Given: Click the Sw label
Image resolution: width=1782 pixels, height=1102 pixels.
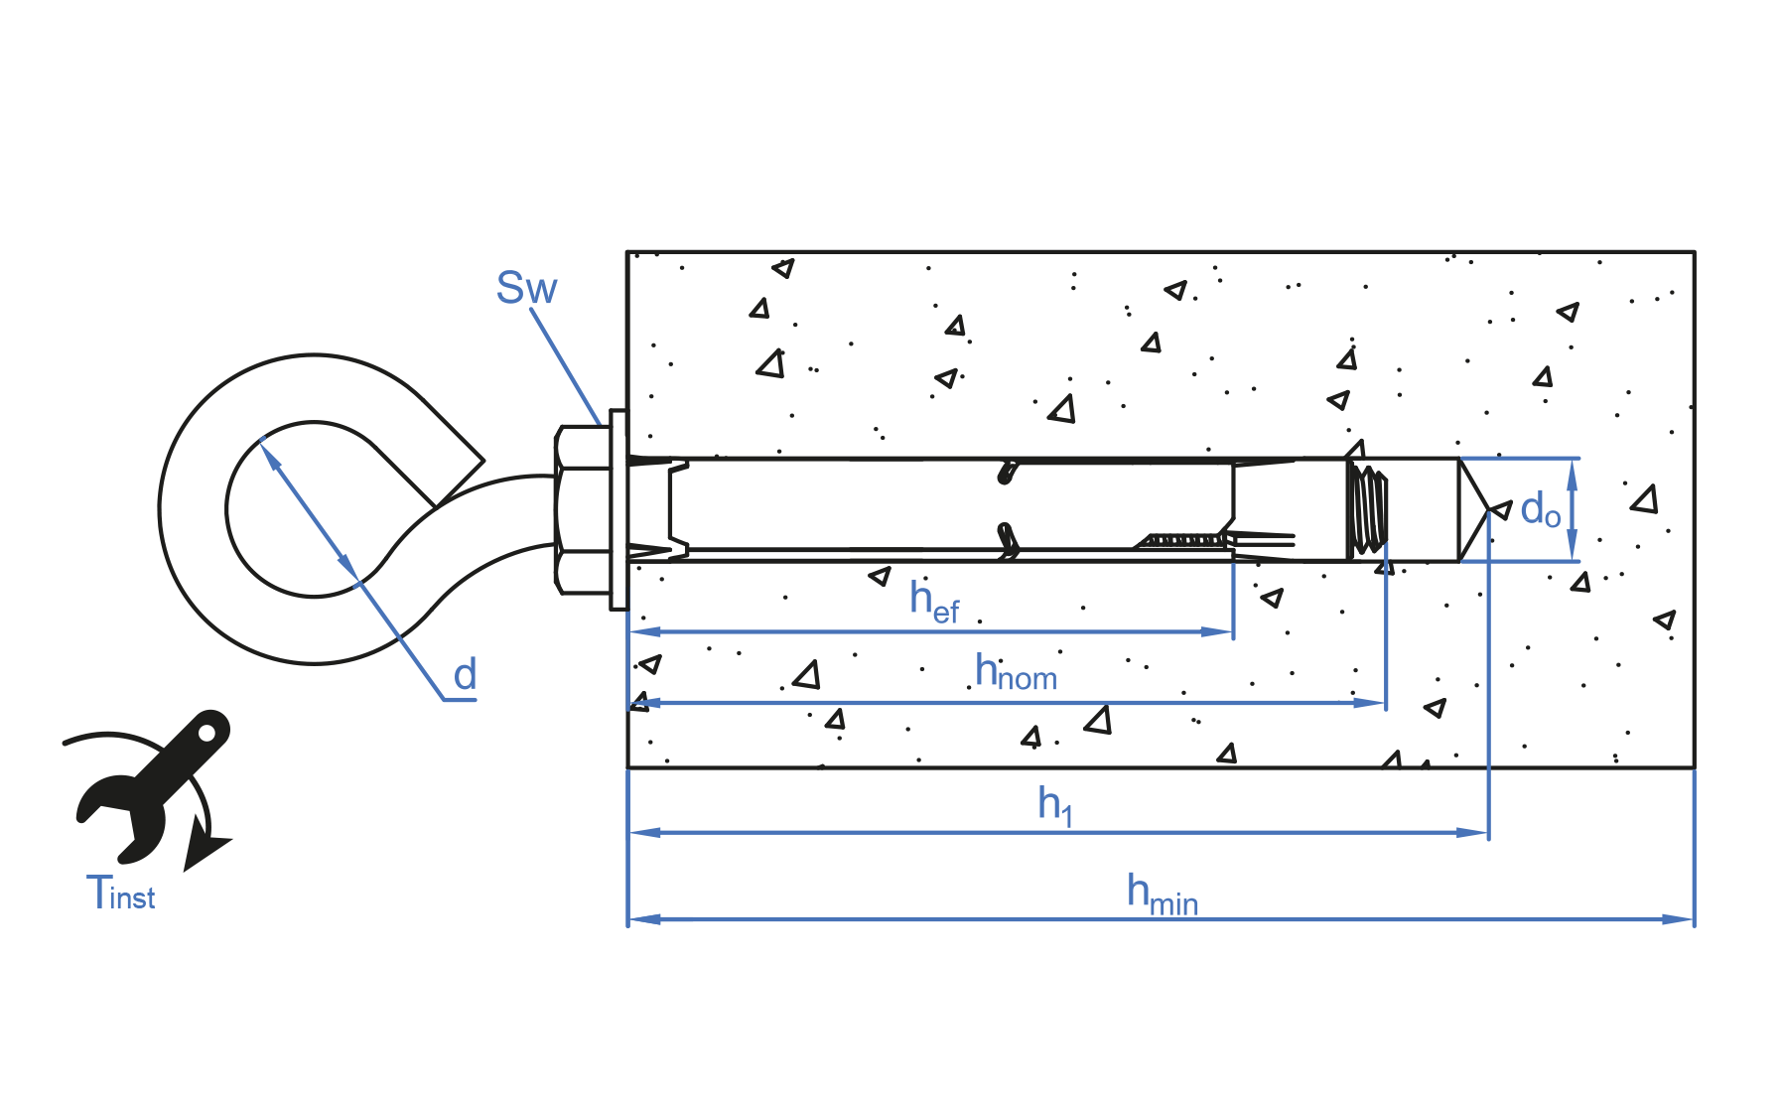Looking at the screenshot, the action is (526, 288).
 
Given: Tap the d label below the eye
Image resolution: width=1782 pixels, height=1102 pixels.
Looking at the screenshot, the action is (465, 675).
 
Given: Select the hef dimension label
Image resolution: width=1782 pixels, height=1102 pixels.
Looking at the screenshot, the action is (934, 602).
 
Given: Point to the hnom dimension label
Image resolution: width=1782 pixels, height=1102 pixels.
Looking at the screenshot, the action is (1016, 672).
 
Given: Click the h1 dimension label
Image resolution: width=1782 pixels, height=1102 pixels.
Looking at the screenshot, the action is (1055, 805).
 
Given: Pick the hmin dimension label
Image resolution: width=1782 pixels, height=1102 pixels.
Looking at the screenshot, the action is (1163, 894).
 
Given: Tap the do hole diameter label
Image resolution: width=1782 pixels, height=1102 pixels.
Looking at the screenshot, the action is (1540, 509).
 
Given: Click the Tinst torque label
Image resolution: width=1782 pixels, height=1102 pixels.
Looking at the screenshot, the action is (120, 893).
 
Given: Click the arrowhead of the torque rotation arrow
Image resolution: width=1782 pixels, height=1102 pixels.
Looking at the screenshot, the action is (205, 852).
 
